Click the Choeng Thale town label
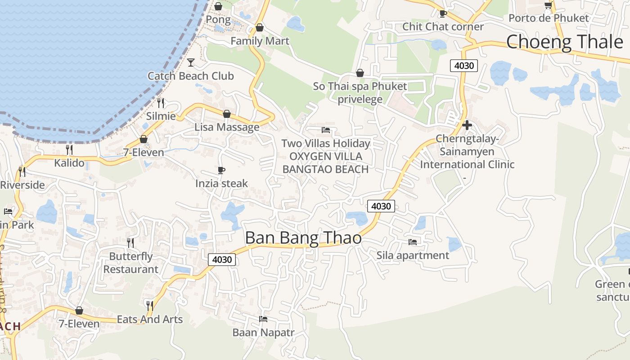[564, 42]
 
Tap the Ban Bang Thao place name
[303, 238]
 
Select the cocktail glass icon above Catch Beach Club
[191, 63]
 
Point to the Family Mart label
[260, 41]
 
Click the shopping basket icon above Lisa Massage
[227, 114]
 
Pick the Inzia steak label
[221, 183]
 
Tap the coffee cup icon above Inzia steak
[221, 170]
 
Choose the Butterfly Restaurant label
[131, 263]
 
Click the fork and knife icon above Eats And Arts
[149, 306]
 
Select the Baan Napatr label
[263, 333]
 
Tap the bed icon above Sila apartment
[412, 242]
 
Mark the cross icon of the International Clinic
[467, 125]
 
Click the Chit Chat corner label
[443, 27]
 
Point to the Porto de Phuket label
[548, 18]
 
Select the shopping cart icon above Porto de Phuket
[548, 5]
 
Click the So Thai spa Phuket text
[360, 86]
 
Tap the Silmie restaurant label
[161, 116]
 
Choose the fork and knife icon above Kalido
[69, 149]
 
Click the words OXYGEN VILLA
[326, 156]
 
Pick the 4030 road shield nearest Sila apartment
[381, 206]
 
